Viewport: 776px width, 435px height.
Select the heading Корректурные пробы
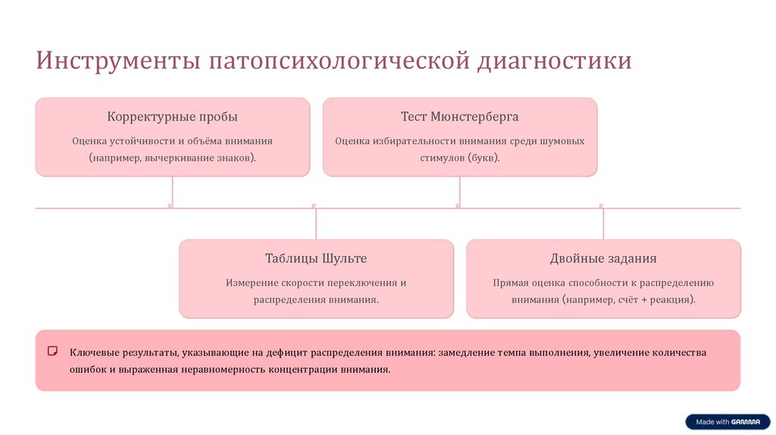(x=172, y=117)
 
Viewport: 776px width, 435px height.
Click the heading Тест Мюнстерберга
(x=459, y=117)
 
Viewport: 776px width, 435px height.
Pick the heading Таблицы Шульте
(x=316, y=258)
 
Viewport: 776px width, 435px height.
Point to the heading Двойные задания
(x=603, y=258)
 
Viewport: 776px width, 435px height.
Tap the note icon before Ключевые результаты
(x=53, y=352)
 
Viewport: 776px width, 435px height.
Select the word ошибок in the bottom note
(x=89, y=370)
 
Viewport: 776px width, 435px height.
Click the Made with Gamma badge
(x=727, y=422)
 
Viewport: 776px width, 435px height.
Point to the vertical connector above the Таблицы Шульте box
(x=316, y=224)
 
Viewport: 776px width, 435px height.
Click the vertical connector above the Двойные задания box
(x=603, y=224)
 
